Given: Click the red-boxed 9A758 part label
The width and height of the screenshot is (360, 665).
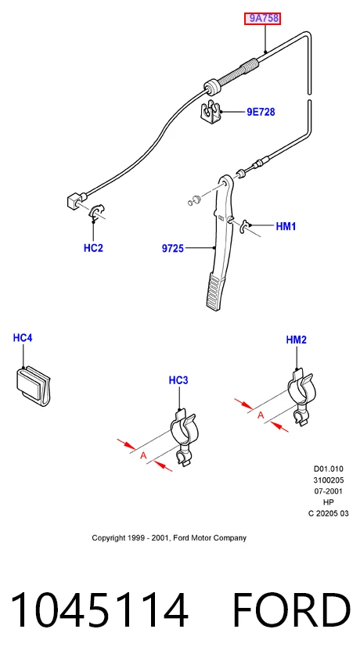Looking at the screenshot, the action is pos(262,19).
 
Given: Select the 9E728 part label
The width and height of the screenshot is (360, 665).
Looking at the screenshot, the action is pos(261,112).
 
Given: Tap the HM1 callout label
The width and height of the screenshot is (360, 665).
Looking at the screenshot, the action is pos(286,226).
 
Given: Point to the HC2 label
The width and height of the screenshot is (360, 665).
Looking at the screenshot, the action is pos(93,248).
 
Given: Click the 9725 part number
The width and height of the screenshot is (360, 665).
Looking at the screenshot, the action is pos(173,249).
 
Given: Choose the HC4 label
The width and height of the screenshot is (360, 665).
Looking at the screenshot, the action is pos(23,338).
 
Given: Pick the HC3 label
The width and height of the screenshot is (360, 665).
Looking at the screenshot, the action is pos(178,380).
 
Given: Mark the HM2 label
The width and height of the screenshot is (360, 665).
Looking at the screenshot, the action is pos(296,340).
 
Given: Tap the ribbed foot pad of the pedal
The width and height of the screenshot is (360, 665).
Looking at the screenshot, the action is pos(216,291).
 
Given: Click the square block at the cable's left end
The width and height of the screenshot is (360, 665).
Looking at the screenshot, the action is pos(74,200).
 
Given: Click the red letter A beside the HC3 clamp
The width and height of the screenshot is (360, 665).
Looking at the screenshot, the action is pos(143,455).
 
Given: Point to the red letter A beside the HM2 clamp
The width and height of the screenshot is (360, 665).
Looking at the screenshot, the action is pos(261,415).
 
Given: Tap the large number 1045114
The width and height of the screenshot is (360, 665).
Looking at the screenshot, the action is pos(99,610).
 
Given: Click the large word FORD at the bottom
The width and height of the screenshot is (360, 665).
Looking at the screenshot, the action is pos(291,610).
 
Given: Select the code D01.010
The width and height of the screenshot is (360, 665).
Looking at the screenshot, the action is pos(328,469).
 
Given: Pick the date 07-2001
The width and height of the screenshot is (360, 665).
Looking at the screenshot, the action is pos(328,491).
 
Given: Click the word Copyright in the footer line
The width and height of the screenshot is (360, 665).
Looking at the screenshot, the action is pos(109,538).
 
